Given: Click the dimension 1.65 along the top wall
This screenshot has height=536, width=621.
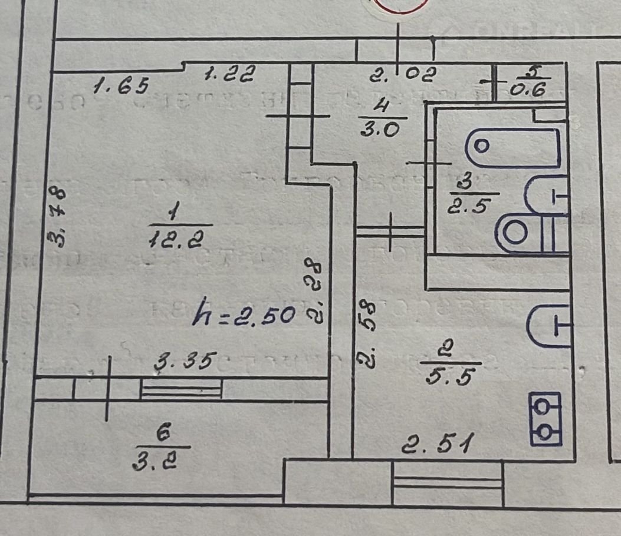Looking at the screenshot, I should (x=120, y=86).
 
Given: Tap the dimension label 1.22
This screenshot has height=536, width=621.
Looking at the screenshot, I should (x=229, y=74).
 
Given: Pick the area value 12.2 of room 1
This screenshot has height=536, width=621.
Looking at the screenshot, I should (x=180, y=239).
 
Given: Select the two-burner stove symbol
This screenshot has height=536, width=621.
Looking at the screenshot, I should (x=546, y=419).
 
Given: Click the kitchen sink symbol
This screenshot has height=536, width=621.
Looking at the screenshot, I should (x=549, y=326).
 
